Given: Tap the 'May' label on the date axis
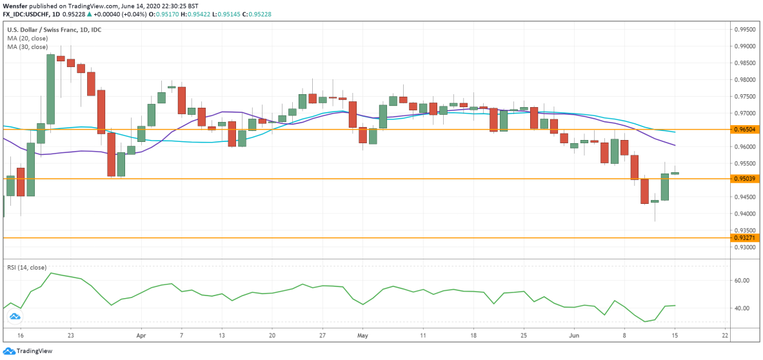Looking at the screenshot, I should [362, 336].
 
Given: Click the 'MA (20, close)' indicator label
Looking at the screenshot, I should [27, 39].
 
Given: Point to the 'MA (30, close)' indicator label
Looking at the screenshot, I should [27, 47].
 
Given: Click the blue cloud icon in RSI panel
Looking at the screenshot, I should [14, 317].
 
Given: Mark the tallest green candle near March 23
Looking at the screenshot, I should [50, 89].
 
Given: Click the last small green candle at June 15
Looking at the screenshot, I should [675, 173].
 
